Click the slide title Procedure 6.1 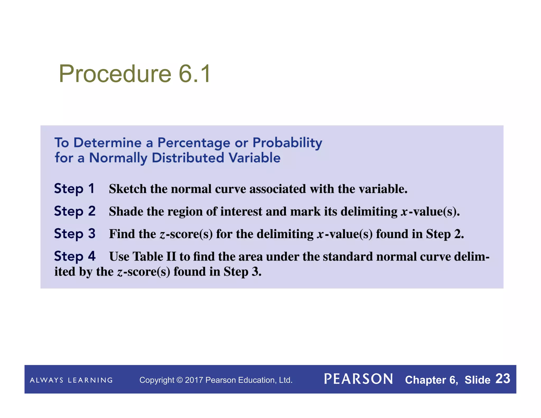click(135, 74)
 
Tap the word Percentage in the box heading click(194, 143)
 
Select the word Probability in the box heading click(287, 143)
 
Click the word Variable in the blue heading click(254, 158)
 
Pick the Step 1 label click(74, 189)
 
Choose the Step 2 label click(75, 211)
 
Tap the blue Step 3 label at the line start click(75, 234)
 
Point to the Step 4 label click(75, 256)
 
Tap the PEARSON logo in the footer click(358, 379)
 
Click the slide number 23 click(503, 379)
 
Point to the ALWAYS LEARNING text click(71, 380)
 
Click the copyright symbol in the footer click(179, 380)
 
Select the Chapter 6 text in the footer click(431, 380)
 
